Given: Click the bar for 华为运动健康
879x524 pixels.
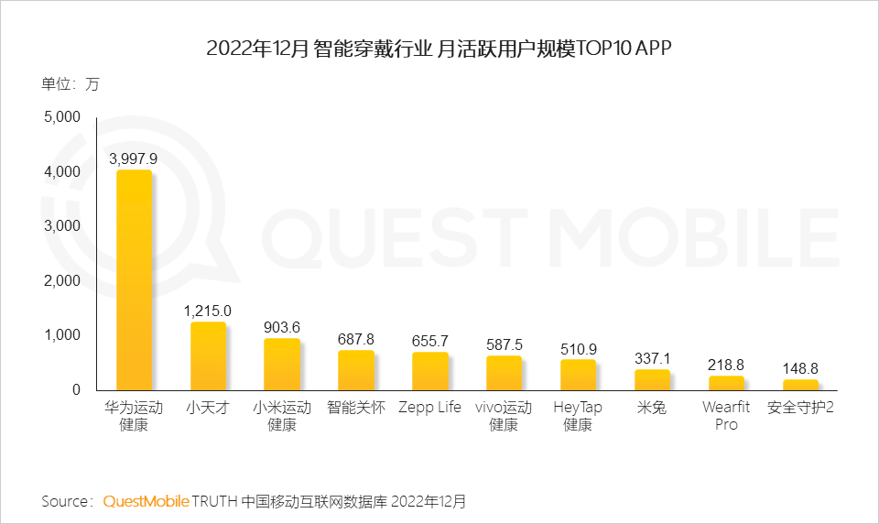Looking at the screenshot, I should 134,280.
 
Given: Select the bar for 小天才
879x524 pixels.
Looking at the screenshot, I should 208,356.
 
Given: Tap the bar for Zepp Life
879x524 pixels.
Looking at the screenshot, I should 429,371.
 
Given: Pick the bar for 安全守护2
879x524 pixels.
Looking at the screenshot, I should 799,385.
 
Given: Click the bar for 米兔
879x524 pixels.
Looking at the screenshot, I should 652,380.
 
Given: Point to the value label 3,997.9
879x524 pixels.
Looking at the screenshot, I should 134,158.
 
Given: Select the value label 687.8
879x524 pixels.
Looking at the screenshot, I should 355,339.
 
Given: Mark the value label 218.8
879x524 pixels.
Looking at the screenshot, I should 726,365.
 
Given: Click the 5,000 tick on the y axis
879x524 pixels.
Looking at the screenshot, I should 63,117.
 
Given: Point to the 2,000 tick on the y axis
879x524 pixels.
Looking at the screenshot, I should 63,281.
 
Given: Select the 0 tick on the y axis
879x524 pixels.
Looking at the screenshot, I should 76,390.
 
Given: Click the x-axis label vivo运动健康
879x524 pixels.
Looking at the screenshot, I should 504,416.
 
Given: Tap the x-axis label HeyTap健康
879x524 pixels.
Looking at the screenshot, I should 578,416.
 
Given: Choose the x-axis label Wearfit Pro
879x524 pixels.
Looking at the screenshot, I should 726,416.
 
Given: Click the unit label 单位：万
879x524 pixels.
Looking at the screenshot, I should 70,84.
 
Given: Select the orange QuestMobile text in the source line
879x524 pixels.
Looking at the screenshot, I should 146,501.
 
